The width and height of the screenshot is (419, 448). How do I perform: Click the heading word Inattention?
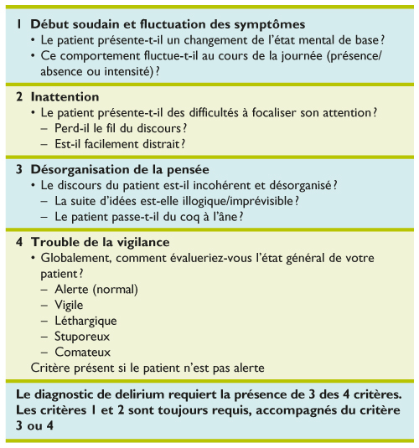tap(65, 97)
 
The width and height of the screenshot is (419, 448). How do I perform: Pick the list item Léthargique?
tap(85, 321)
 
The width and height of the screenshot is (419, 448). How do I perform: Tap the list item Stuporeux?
tap(81, 337)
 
